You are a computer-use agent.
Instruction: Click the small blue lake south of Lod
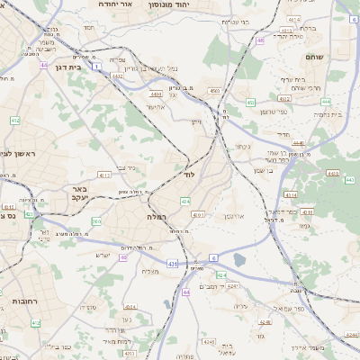click(x=238, y=260)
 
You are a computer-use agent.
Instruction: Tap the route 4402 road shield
click(x=118, y=76)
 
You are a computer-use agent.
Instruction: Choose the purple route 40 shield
click(x=123, y=258)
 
